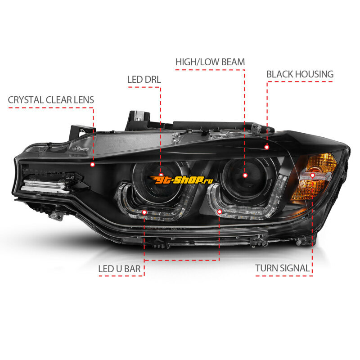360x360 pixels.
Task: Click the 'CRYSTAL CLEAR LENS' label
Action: click(x=51, y=100)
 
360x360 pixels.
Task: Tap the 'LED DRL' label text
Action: click(x=144, y=80)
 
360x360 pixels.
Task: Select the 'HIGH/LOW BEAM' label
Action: click(x=210, y=62)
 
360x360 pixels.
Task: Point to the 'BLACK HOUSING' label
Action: click(x=300, y=74)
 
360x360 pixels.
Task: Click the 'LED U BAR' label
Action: click(x=119, y=269)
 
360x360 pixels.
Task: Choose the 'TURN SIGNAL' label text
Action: click(x=283, y=268)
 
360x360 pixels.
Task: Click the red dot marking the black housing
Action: click(x=266, y=147)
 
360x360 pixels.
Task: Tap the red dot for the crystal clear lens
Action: click(x=93, y=164)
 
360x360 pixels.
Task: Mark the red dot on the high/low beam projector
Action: click(x=245, y=175)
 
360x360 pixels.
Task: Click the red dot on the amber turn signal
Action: click(x=312, y=175)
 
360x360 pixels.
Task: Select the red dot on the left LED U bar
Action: click(x=144, y=212)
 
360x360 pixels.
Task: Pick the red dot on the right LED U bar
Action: click(x=220, y=211)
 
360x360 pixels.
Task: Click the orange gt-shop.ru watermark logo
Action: click(x=181, y=180)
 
